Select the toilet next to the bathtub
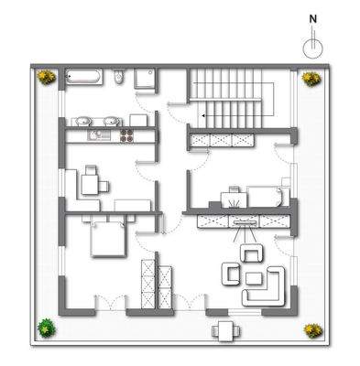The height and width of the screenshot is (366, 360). pyautogui.click(x=120, y=78)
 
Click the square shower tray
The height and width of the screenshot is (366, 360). pyautogui.click(x=146, y=81)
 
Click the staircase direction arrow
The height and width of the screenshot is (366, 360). pyautogui.click(x=201, y=117)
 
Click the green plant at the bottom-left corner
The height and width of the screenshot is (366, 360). pyautogui.click(x=43, y=326)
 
